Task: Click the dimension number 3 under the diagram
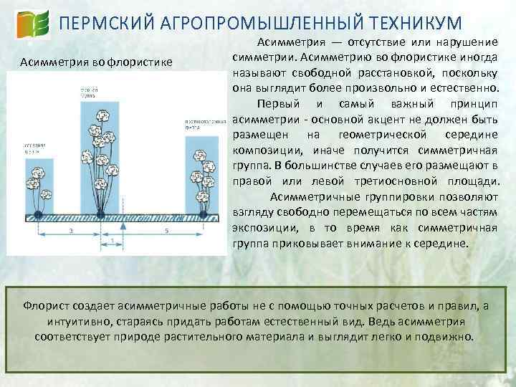pos(70,231)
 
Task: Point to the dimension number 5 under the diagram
pos(166,231)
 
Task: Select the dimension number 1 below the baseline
pos(113,240)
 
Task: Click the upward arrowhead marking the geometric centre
pos(123,225)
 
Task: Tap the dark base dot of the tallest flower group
pos(100,214)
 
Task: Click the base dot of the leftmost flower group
pos(37,214)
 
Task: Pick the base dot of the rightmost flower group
pos(204,214)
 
